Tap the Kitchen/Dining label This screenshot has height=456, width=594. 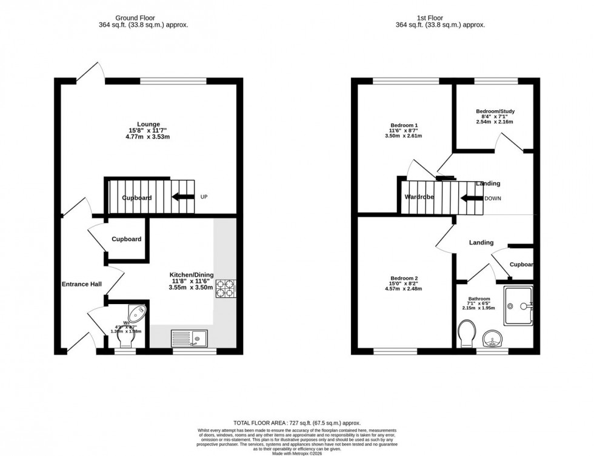(191, 275)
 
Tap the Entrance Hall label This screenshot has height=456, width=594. (81, 284)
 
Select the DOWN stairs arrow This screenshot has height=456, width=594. (470, 198)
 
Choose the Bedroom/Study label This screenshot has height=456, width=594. (495, 111)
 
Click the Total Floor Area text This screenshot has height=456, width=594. (297, 423)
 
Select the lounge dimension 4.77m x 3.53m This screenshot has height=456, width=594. (143, 137)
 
